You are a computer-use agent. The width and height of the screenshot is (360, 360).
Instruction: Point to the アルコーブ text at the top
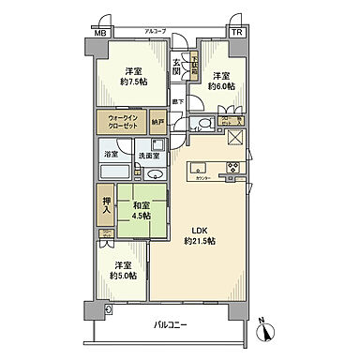[x=155, y=31]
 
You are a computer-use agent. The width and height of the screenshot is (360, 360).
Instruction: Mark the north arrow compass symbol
[x=265, y=331]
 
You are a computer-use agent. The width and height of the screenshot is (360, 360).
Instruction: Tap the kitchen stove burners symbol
[x=232, y=170]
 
